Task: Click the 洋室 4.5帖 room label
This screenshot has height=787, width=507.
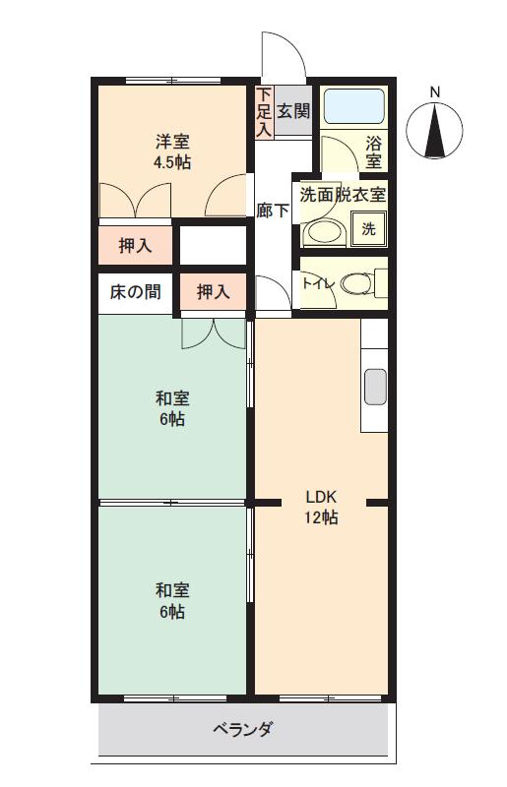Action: click(x=172, y=152)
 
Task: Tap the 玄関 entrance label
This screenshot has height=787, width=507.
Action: click(x=293, y=111)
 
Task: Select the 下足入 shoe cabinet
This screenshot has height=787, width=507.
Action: click(x=264, y=112)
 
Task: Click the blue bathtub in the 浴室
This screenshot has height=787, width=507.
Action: click(x=353, y=106)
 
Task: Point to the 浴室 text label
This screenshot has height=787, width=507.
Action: click(x=373, y=152)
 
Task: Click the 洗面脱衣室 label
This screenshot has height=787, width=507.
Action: click(x=343, y=195)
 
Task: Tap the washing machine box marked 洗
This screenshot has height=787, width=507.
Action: click(x=369, y=229)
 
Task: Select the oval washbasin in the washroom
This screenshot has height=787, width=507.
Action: click(x=324, y=233)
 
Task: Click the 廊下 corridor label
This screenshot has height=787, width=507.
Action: click(x=273, y=211)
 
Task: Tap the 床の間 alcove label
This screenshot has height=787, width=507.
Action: click(x=135, y=291)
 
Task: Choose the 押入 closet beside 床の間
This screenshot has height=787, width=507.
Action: click(x=214, y=291)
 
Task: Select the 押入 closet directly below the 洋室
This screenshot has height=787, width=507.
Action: click(x=135, y=245)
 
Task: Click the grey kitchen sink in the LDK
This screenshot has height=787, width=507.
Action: click(x=375, y=387)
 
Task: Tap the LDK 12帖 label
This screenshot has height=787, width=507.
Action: click(x=321, y=508)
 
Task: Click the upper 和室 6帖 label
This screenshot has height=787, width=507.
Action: click(x=172, y=408)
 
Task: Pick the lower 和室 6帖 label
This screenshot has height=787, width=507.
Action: click(x=172, y=601)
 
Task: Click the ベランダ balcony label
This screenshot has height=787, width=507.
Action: click(x=243, y=729)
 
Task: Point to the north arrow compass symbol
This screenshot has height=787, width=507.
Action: click(x=434, y=130)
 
